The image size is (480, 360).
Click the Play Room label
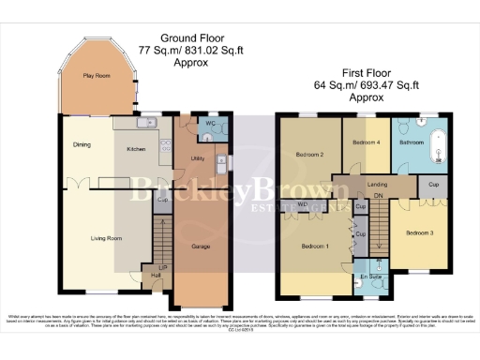[x=95, y=75]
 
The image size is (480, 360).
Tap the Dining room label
[x=82, y=144]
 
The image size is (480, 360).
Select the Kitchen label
[x=136, y=148]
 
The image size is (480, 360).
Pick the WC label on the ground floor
[x=210, y=124]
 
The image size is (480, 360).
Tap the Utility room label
[x=197, y=158]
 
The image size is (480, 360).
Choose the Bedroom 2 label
[x=310, y=155]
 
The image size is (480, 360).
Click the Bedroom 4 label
[x=365, y=142]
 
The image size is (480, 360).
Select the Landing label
[x=378, y=185]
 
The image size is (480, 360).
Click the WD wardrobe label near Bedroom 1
[x=303, y=204]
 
